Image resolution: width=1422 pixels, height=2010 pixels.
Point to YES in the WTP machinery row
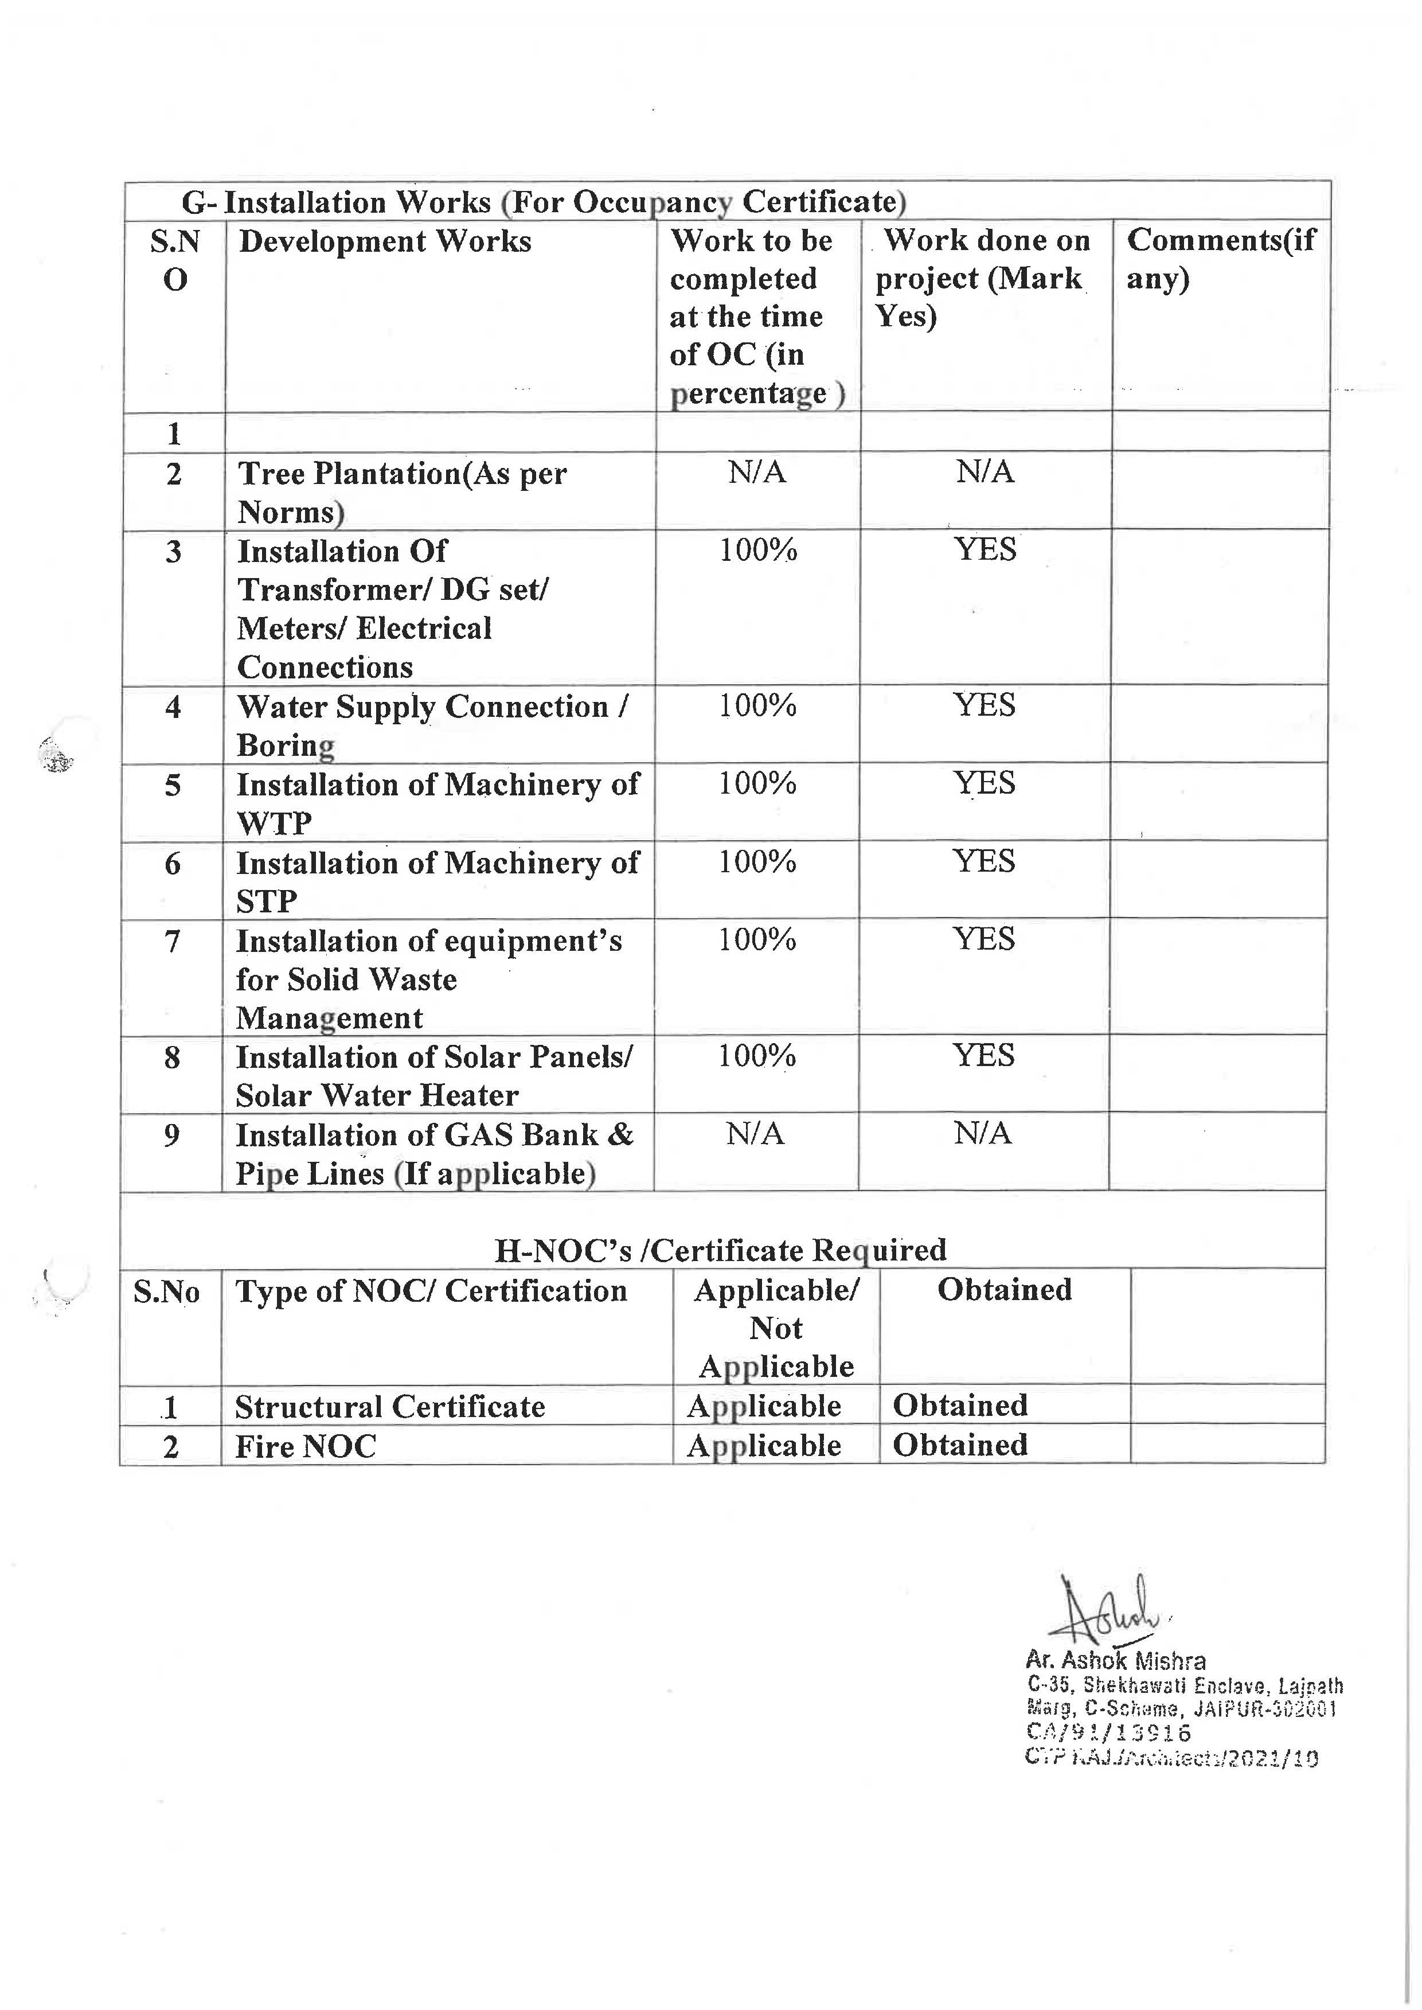984,783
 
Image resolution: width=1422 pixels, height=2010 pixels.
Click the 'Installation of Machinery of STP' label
437,881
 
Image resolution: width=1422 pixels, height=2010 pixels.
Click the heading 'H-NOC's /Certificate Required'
720,1250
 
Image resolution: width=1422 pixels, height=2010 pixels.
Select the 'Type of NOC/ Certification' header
431,1291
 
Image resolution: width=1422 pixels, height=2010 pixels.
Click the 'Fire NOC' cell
306,1446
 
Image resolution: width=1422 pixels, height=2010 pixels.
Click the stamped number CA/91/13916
1108,1732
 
